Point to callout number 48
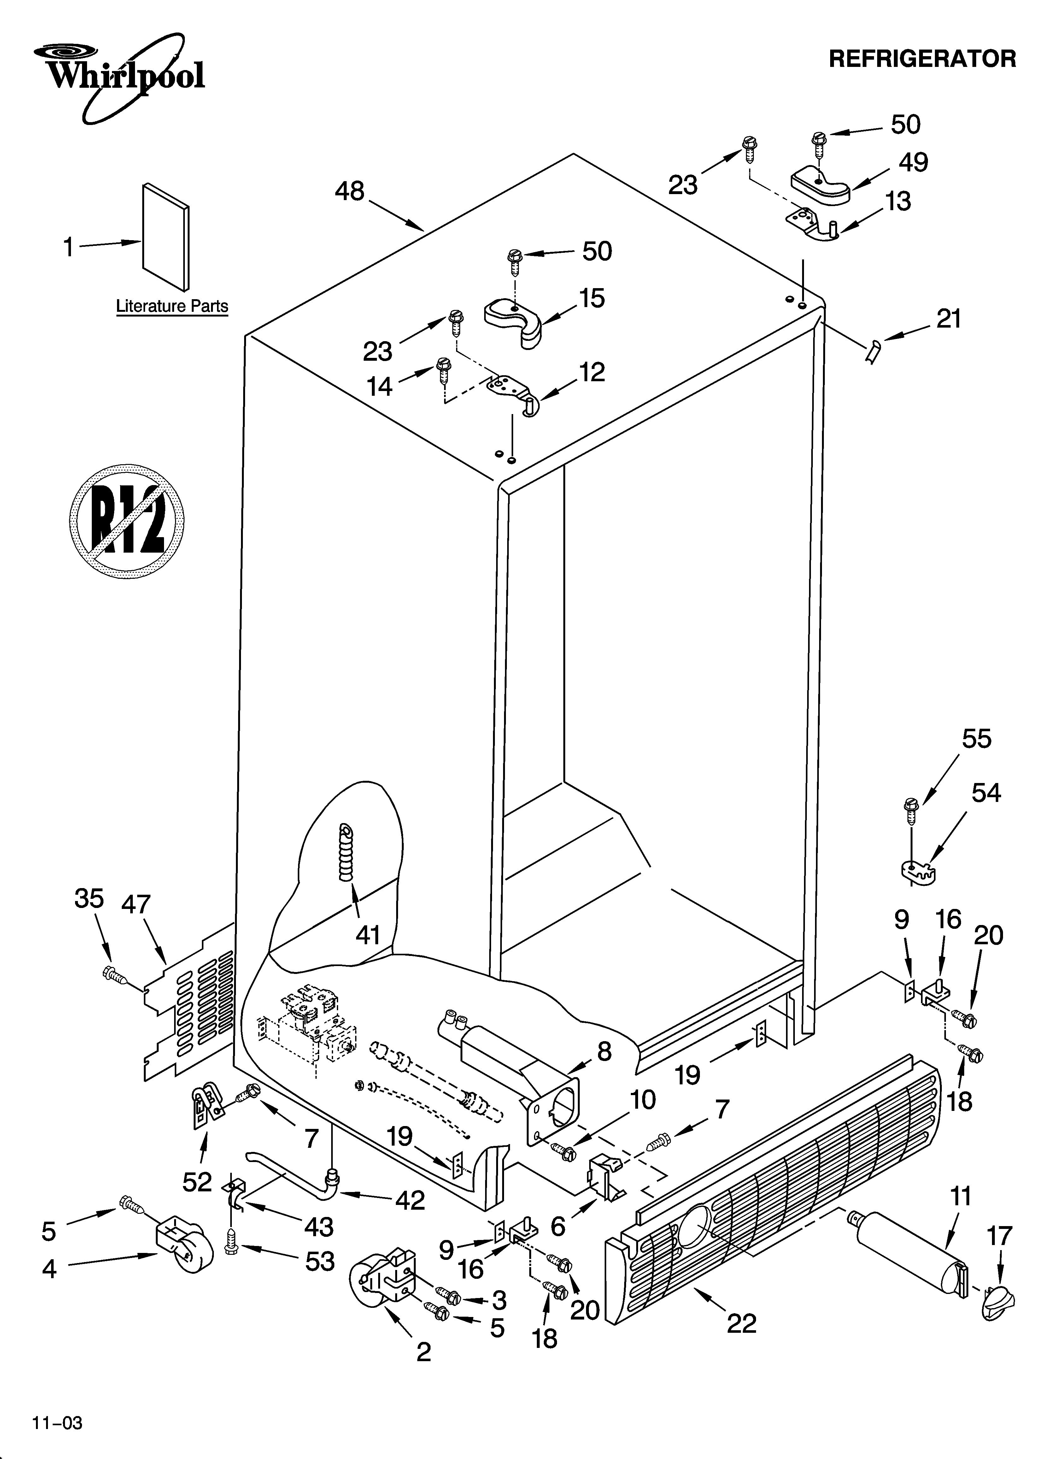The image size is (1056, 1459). coord(349,191)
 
